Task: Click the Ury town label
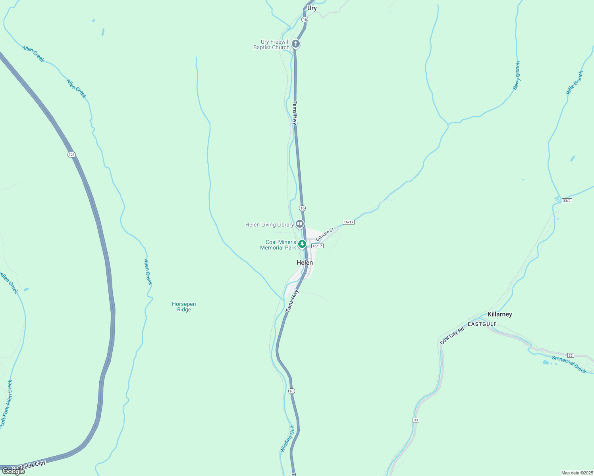point(312,8)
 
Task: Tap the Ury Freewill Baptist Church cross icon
point(296,44)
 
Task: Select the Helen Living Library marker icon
point(300,224)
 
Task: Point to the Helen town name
point(305,263)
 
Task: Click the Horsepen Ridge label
point(184,307)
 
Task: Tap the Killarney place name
point(499,314)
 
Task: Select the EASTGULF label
point(482,324)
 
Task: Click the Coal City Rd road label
point(452,336)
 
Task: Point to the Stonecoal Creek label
point(569,365)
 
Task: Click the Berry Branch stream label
point(517,75)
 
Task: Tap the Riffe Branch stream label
point(575,83)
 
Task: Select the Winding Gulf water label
point(287,439)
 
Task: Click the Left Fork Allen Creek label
point(6,404)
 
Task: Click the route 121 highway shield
point(71,155)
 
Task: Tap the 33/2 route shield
point(567,201)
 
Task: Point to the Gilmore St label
point(325,234)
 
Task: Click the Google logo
point(13,471)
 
